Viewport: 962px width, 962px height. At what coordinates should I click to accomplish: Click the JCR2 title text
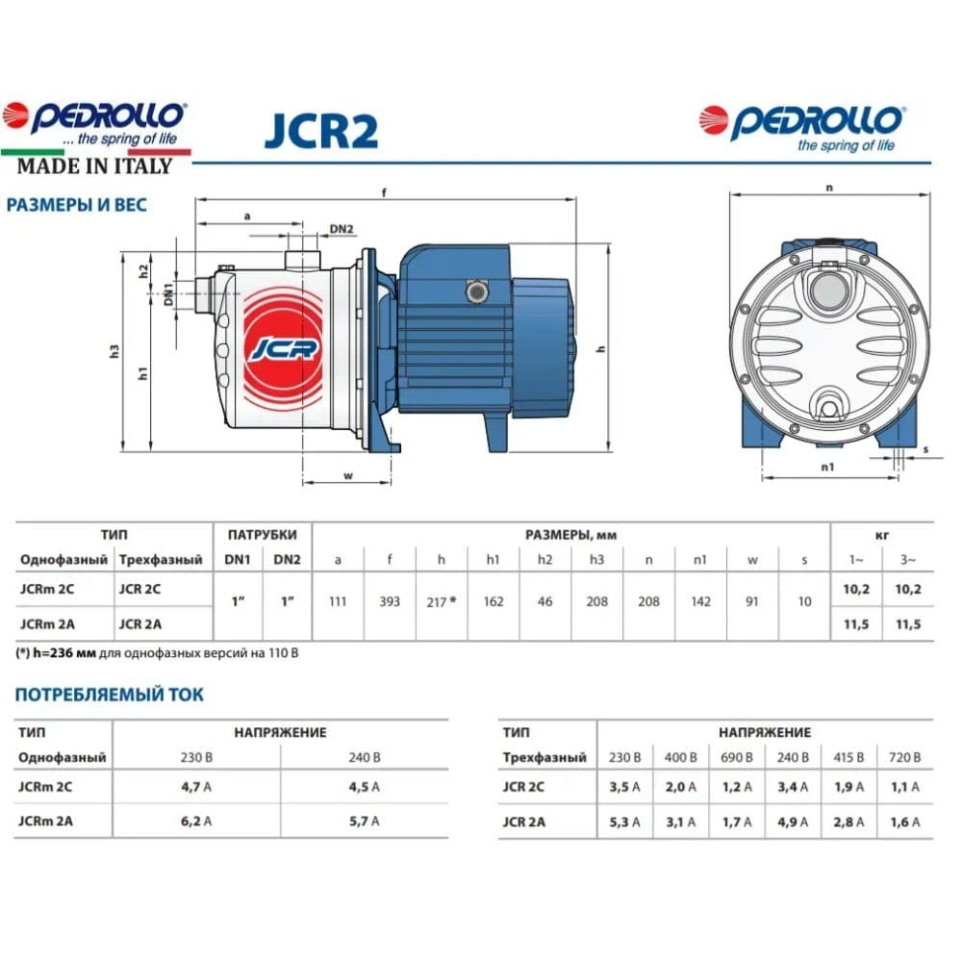pos(321,130)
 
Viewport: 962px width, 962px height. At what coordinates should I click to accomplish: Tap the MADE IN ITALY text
pos(94,166)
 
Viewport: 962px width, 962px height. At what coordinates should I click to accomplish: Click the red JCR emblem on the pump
pos(284,348)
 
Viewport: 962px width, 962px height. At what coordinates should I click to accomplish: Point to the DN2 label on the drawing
pos(342,229)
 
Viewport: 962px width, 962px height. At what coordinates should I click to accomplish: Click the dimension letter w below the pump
pos(348,476)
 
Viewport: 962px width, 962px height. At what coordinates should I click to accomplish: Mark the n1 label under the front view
pos(827,468)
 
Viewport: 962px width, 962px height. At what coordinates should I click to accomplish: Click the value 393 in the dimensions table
pos(390,602)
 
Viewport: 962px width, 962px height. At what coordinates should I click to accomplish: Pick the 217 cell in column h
pos(442,602)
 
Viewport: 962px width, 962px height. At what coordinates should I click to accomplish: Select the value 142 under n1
pos(700,602)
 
